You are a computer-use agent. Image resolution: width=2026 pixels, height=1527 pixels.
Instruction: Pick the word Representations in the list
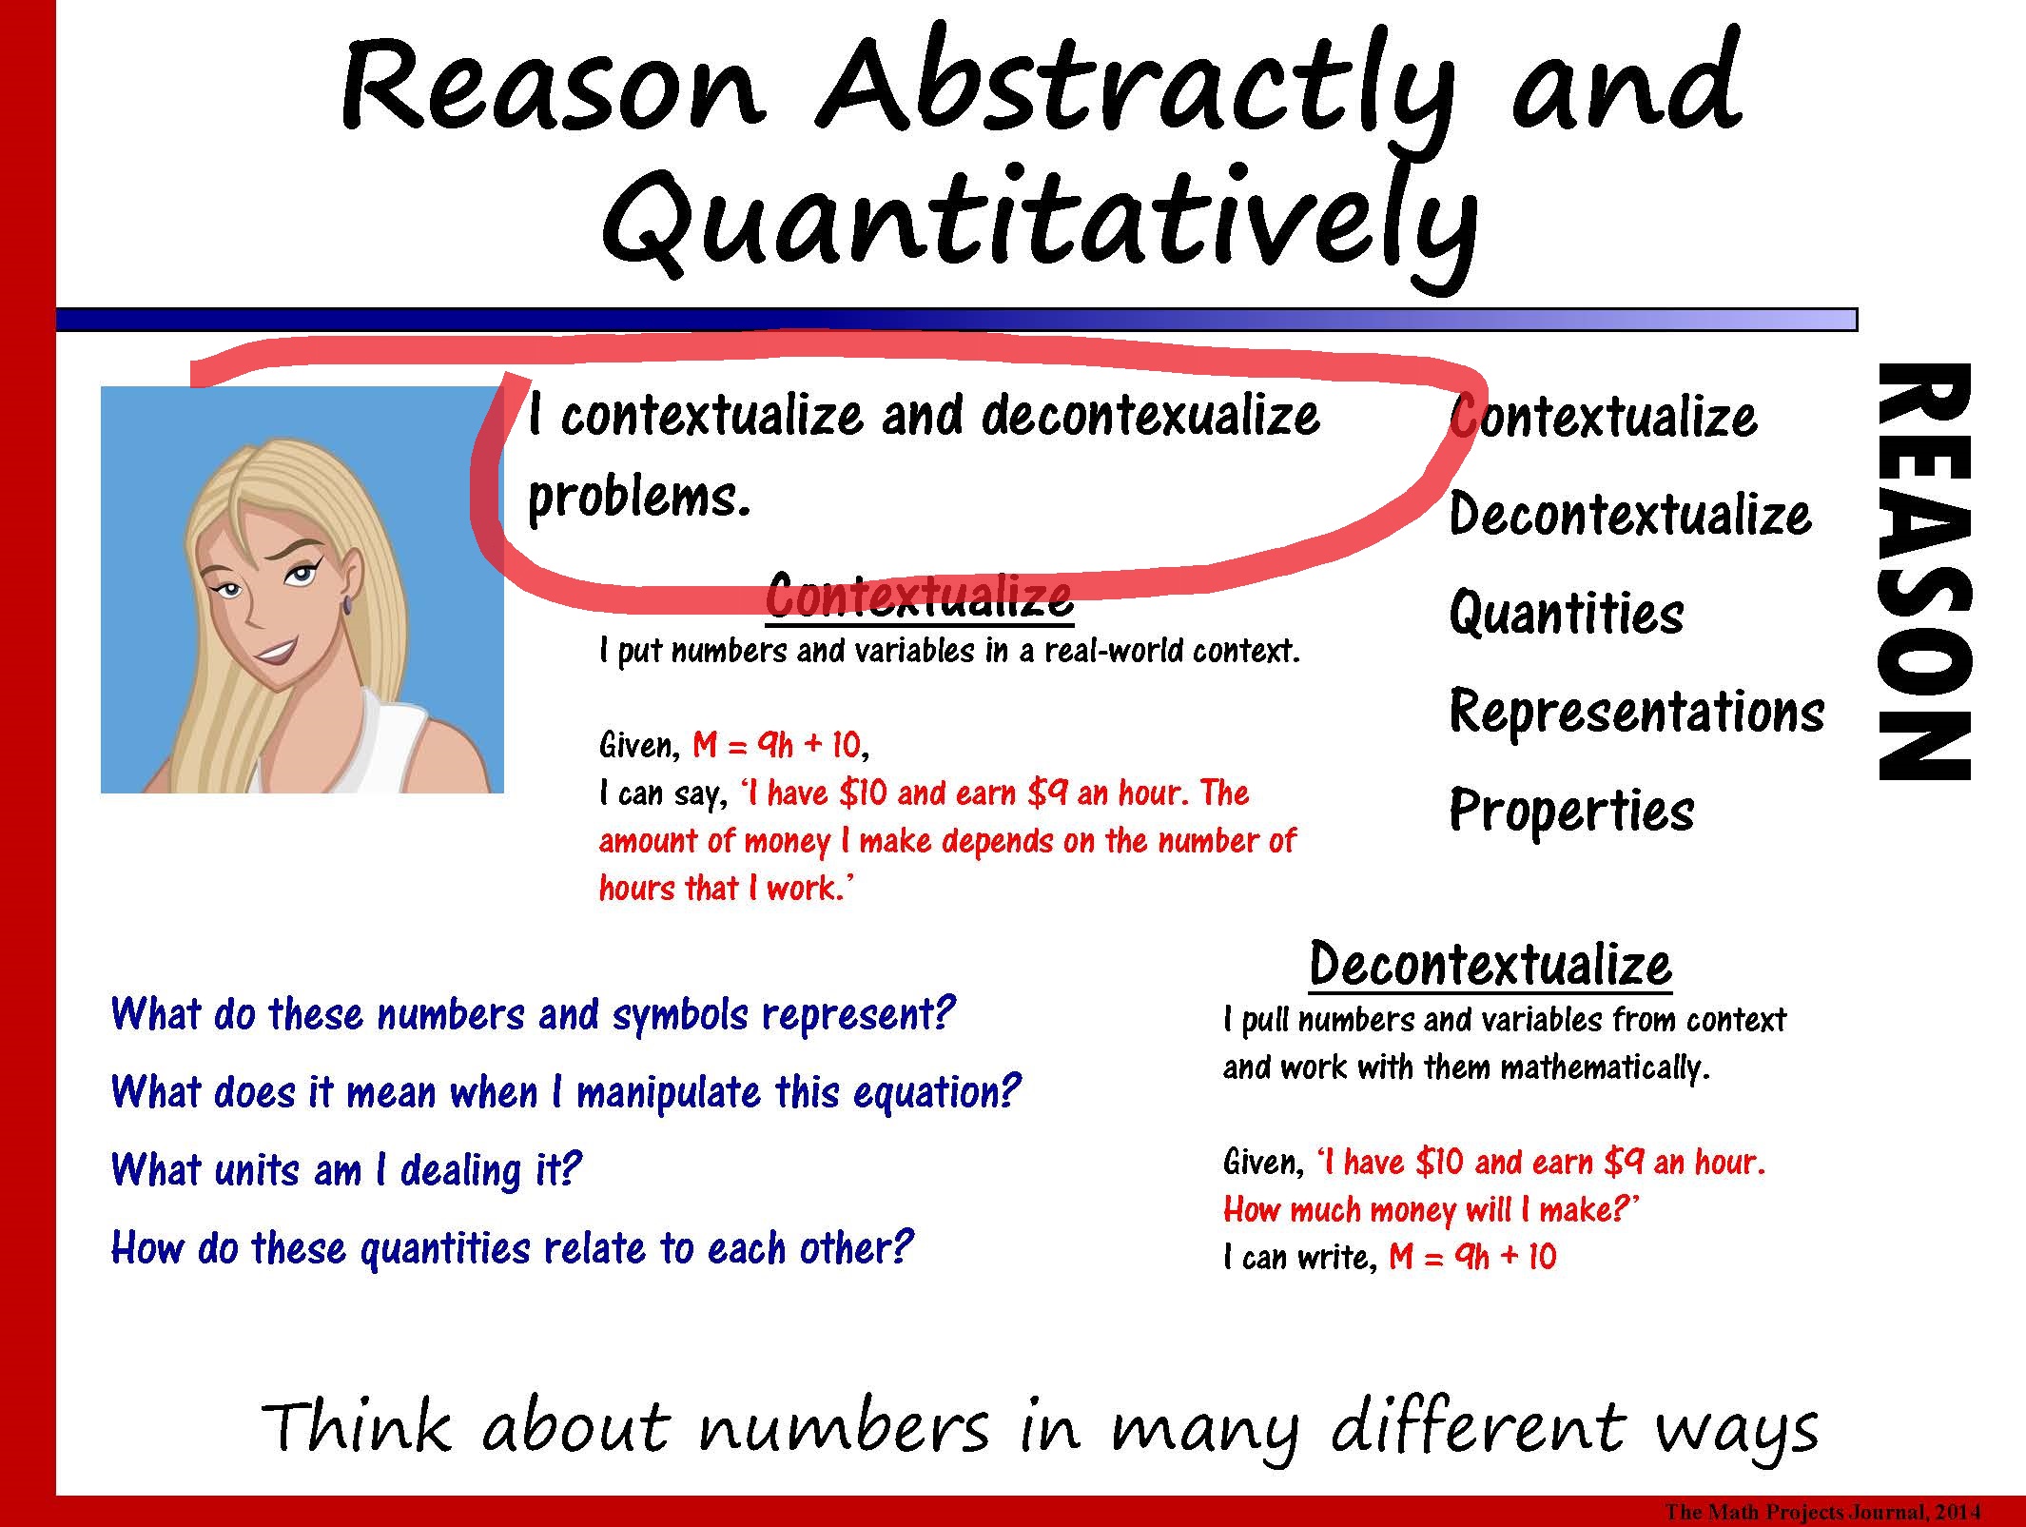(1636, 711)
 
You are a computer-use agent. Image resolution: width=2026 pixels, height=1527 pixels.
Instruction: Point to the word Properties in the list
(1571, 810)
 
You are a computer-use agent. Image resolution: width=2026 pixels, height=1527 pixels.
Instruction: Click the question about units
(345, 1169)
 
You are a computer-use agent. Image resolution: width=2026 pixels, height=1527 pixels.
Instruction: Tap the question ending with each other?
(512, 1247)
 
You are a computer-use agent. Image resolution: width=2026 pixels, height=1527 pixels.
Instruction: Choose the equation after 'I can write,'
(1471, 1257)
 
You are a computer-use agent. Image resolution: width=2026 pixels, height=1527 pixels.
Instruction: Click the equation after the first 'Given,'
(778, 744)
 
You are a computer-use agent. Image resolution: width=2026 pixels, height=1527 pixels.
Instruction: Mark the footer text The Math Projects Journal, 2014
(1821, 1511)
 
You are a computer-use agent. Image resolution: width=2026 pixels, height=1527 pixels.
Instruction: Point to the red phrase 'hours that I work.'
(726, 888)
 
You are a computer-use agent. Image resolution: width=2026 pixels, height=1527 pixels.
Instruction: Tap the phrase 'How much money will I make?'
(1432, 1209)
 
